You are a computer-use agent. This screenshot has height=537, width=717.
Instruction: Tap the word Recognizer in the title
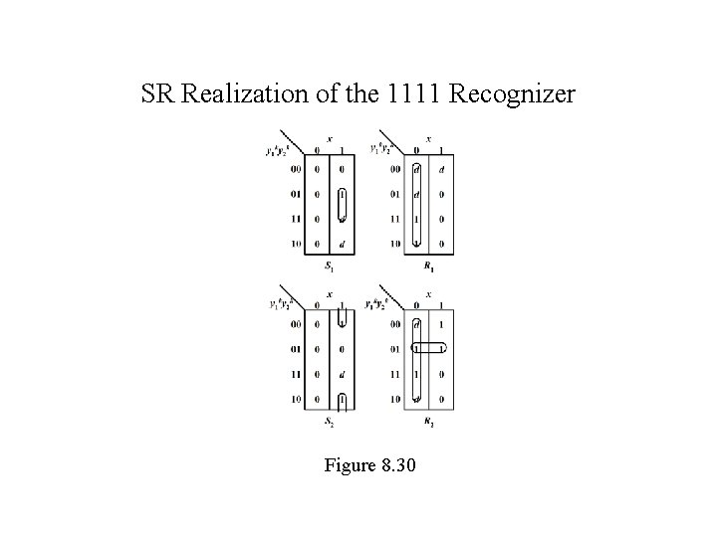point(512,95)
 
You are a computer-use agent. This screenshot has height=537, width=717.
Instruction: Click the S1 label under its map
point(330,266)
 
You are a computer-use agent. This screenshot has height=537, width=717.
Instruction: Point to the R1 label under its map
point(429,267)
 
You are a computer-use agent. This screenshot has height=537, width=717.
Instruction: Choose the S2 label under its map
point(330,423)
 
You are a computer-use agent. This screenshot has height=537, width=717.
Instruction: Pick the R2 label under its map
point(429,423)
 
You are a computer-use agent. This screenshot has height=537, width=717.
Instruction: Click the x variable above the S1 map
point(330,138)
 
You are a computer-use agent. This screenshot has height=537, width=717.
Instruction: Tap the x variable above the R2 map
point(429,294)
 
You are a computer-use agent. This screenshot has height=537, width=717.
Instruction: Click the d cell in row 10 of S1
point(342,244)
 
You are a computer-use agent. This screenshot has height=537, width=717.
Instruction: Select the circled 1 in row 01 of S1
point(342,194)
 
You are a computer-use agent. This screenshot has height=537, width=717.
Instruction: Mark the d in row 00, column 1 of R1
point(441,169)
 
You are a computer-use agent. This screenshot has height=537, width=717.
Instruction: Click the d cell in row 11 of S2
point(342,375)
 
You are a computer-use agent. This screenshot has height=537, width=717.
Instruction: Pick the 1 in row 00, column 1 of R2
point(441,324)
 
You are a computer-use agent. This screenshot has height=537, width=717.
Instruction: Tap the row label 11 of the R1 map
point(395,219)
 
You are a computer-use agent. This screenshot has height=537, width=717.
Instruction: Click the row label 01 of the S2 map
point(297,349)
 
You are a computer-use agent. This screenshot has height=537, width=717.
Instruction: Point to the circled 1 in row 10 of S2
point(342,400)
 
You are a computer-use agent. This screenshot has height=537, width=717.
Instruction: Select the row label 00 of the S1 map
point(297,169)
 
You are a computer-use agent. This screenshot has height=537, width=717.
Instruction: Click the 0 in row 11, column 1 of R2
point(441,375)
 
